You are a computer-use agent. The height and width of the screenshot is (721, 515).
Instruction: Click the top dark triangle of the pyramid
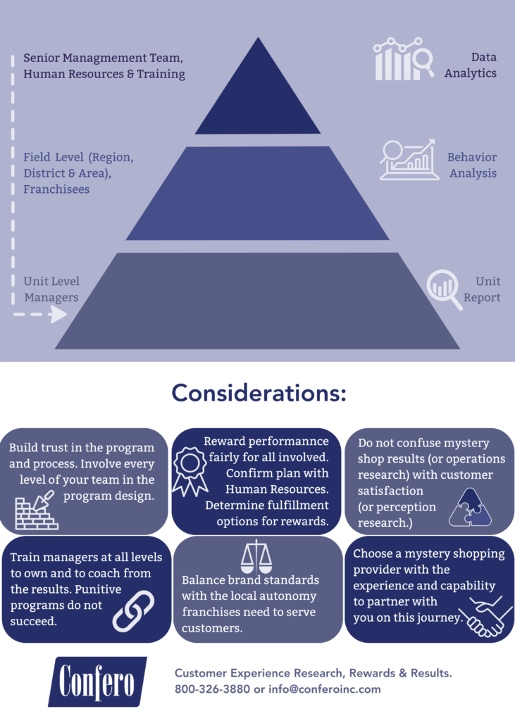[x=258, y=92]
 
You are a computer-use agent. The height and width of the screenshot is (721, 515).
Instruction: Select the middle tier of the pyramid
[x=258, y=193]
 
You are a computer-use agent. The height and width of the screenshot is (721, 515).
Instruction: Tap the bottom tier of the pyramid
[x=258, y=301]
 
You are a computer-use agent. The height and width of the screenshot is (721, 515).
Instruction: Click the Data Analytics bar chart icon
[x=404, y=59]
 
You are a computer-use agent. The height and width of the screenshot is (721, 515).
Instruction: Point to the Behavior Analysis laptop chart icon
[x=409, y=160]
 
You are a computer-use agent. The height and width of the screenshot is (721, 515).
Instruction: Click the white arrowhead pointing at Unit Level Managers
[x=58, y=315]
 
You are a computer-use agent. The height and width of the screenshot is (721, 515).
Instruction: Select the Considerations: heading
[x=259, y=393]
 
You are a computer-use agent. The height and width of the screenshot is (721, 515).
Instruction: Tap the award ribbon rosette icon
[x=190, y=471]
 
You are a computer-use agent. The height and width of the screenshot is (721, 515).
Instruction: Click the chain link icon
[x=133, y=610]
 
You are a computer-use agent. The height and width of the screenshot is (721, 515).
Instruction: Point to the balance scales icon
[x=256, y=556]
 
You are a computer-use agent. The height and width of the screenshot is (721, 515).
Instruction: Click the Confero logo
[x=97, y=682]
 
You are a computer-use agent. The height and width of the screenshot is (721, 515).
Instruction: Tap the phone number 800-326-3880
[x=212, y=689]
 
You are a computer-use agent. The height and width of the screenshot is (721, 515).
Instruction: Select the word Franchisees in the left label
[x=56, y=189]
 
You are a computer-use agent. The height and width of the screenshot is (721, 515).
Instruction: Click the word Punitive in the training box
[x=98, y=589]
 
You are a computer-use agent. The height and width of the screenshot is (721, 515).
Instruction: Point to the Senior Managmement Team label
[x=103, y=58]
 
